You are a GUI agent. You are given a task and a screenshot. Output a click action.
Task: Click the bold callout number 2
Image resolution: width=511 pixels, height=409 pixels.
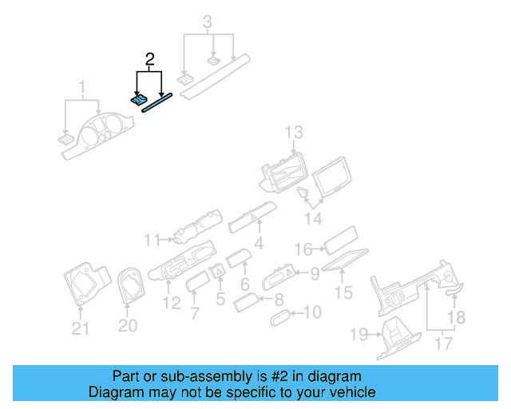click(149, 59)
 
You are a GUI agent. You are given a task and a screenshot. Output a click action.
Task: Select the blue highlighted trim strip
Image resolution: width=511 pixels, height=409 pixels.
click(157, 103)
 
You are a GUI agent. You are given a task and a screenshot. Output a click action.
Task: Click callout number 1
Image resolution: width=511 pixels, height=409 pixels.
click(81, 86)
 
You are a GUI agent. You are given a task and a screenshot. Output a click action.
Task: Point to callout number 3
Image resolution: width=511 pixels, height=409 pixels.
click(208, 22)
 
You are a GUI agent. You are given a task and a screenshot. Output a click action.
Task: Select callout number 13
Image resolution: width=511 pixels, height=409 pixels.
click(294, 132)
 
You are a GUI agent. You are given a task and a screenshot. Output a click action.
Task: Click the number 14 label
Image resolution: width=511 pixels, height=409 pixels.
click(316, 218)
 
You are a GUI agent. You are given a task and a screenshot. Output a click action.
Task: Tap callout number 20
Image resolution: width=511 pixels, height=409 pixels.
click(128, 325)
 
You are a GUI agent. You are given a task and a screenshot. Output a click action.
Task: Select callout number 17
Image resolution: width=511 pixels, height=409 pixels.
click(443, 343)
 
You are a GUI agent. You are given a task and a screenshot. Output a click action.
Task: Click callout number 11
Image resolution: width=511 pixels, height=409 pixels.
click(153, 238)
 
